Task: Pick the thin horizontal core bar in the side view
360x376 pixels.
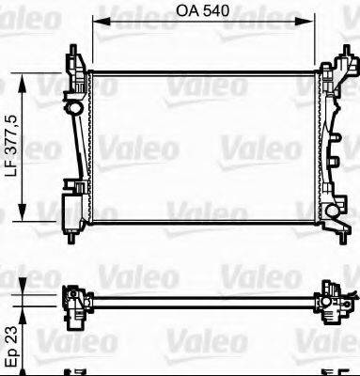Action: coord(202,303)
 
